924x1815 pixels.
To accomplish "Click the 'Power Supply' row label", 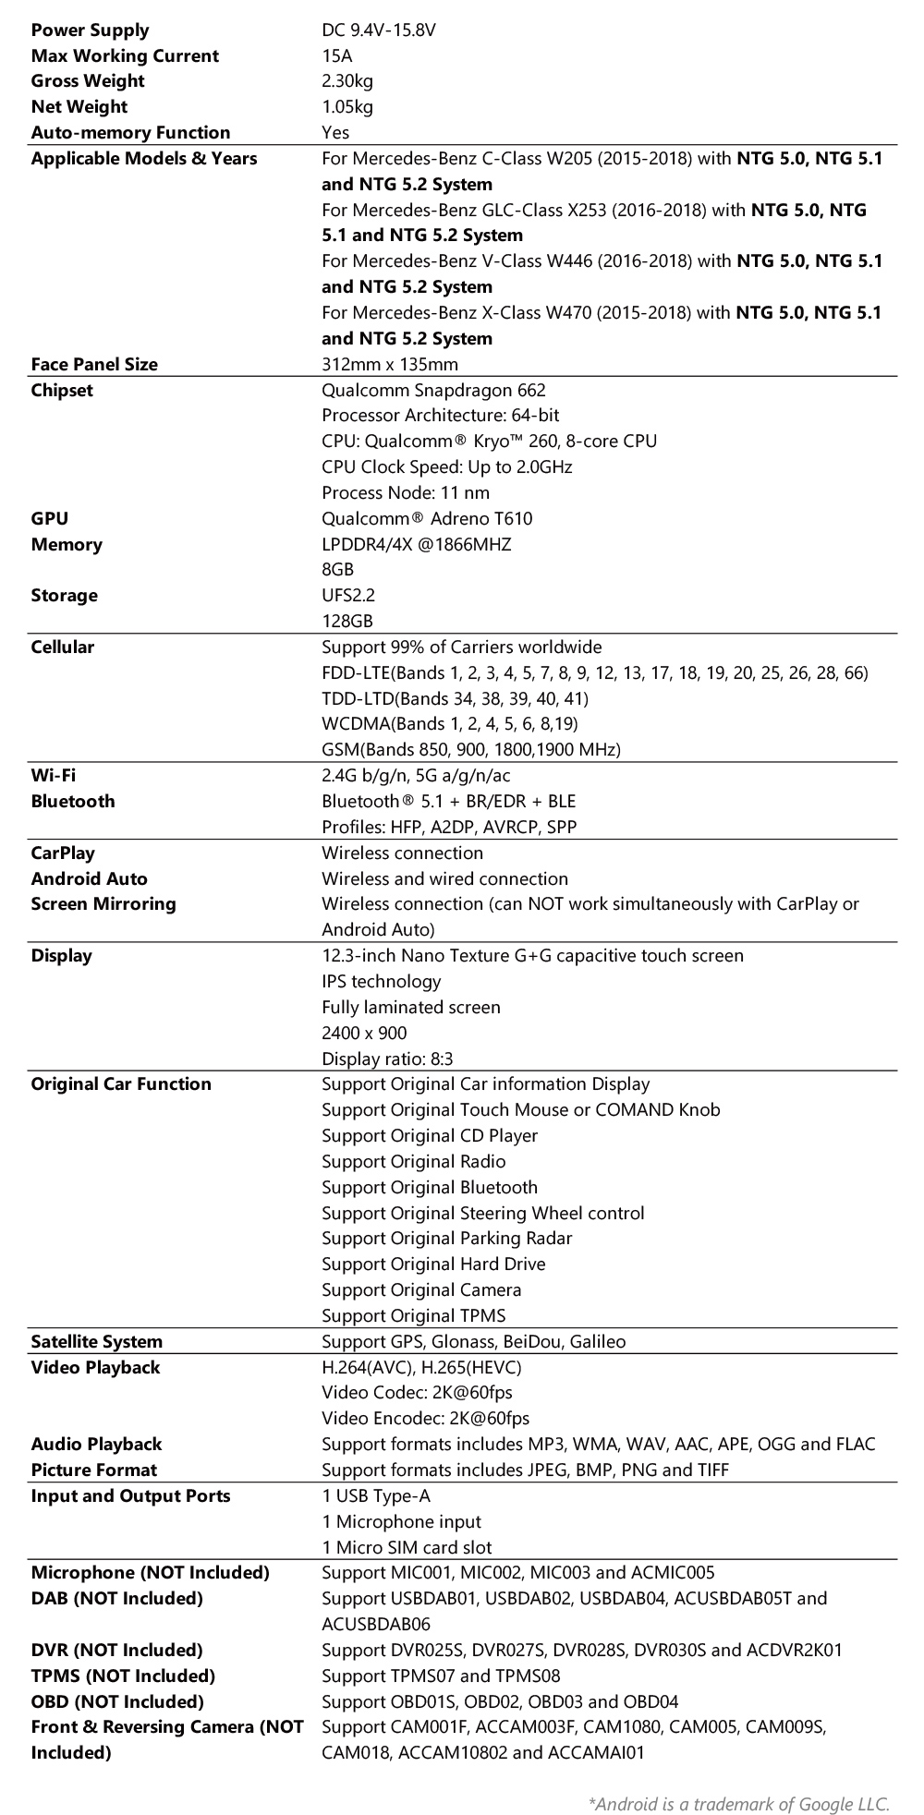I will tap(90, 30).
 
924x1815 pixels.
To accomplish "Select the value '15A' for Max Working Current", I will tap(336, 56).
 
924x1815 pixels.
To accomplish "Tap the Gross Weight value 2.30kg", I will tap(347, 81).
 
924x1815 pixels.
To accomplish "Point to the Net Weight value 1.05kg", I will tap(347, 107).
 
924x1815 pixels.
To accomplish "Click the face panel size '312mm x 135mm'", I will tap(390, 364).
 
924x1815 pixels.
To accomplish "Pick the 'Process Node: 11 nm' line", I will tap(406, 492).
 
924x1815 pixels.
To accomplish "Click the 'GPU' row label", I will tap(50, 518).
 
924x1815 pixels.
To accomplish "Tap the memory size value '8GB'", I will tap(338, 570).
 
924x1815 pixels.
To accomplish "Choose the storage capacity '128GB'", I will tap(347, 621).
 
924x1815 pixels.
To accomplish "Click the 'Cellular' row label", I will tap(63, 647).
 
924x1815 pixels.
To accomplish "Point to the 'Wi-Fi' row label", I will tap(54, 775).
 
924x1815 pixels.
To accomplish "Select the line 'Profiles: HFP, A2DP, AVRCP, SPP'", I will tap(449, 827).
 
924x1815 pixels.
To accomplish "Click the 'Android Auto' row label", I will tap(90, 878).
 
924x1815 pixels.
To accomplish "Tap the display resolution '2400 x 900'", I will tap(364, 1033).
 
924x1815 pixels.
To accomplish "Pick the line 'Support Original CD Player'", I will tap(430, 1135).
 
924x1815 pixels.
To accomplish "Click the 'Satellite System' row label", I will tap(97, 1341).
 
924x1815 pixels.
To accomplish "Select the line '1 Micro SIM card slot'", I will tap(407, 1547).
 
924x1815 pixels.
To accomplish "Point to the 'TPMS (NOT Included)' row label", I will tap(123, 1676).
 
